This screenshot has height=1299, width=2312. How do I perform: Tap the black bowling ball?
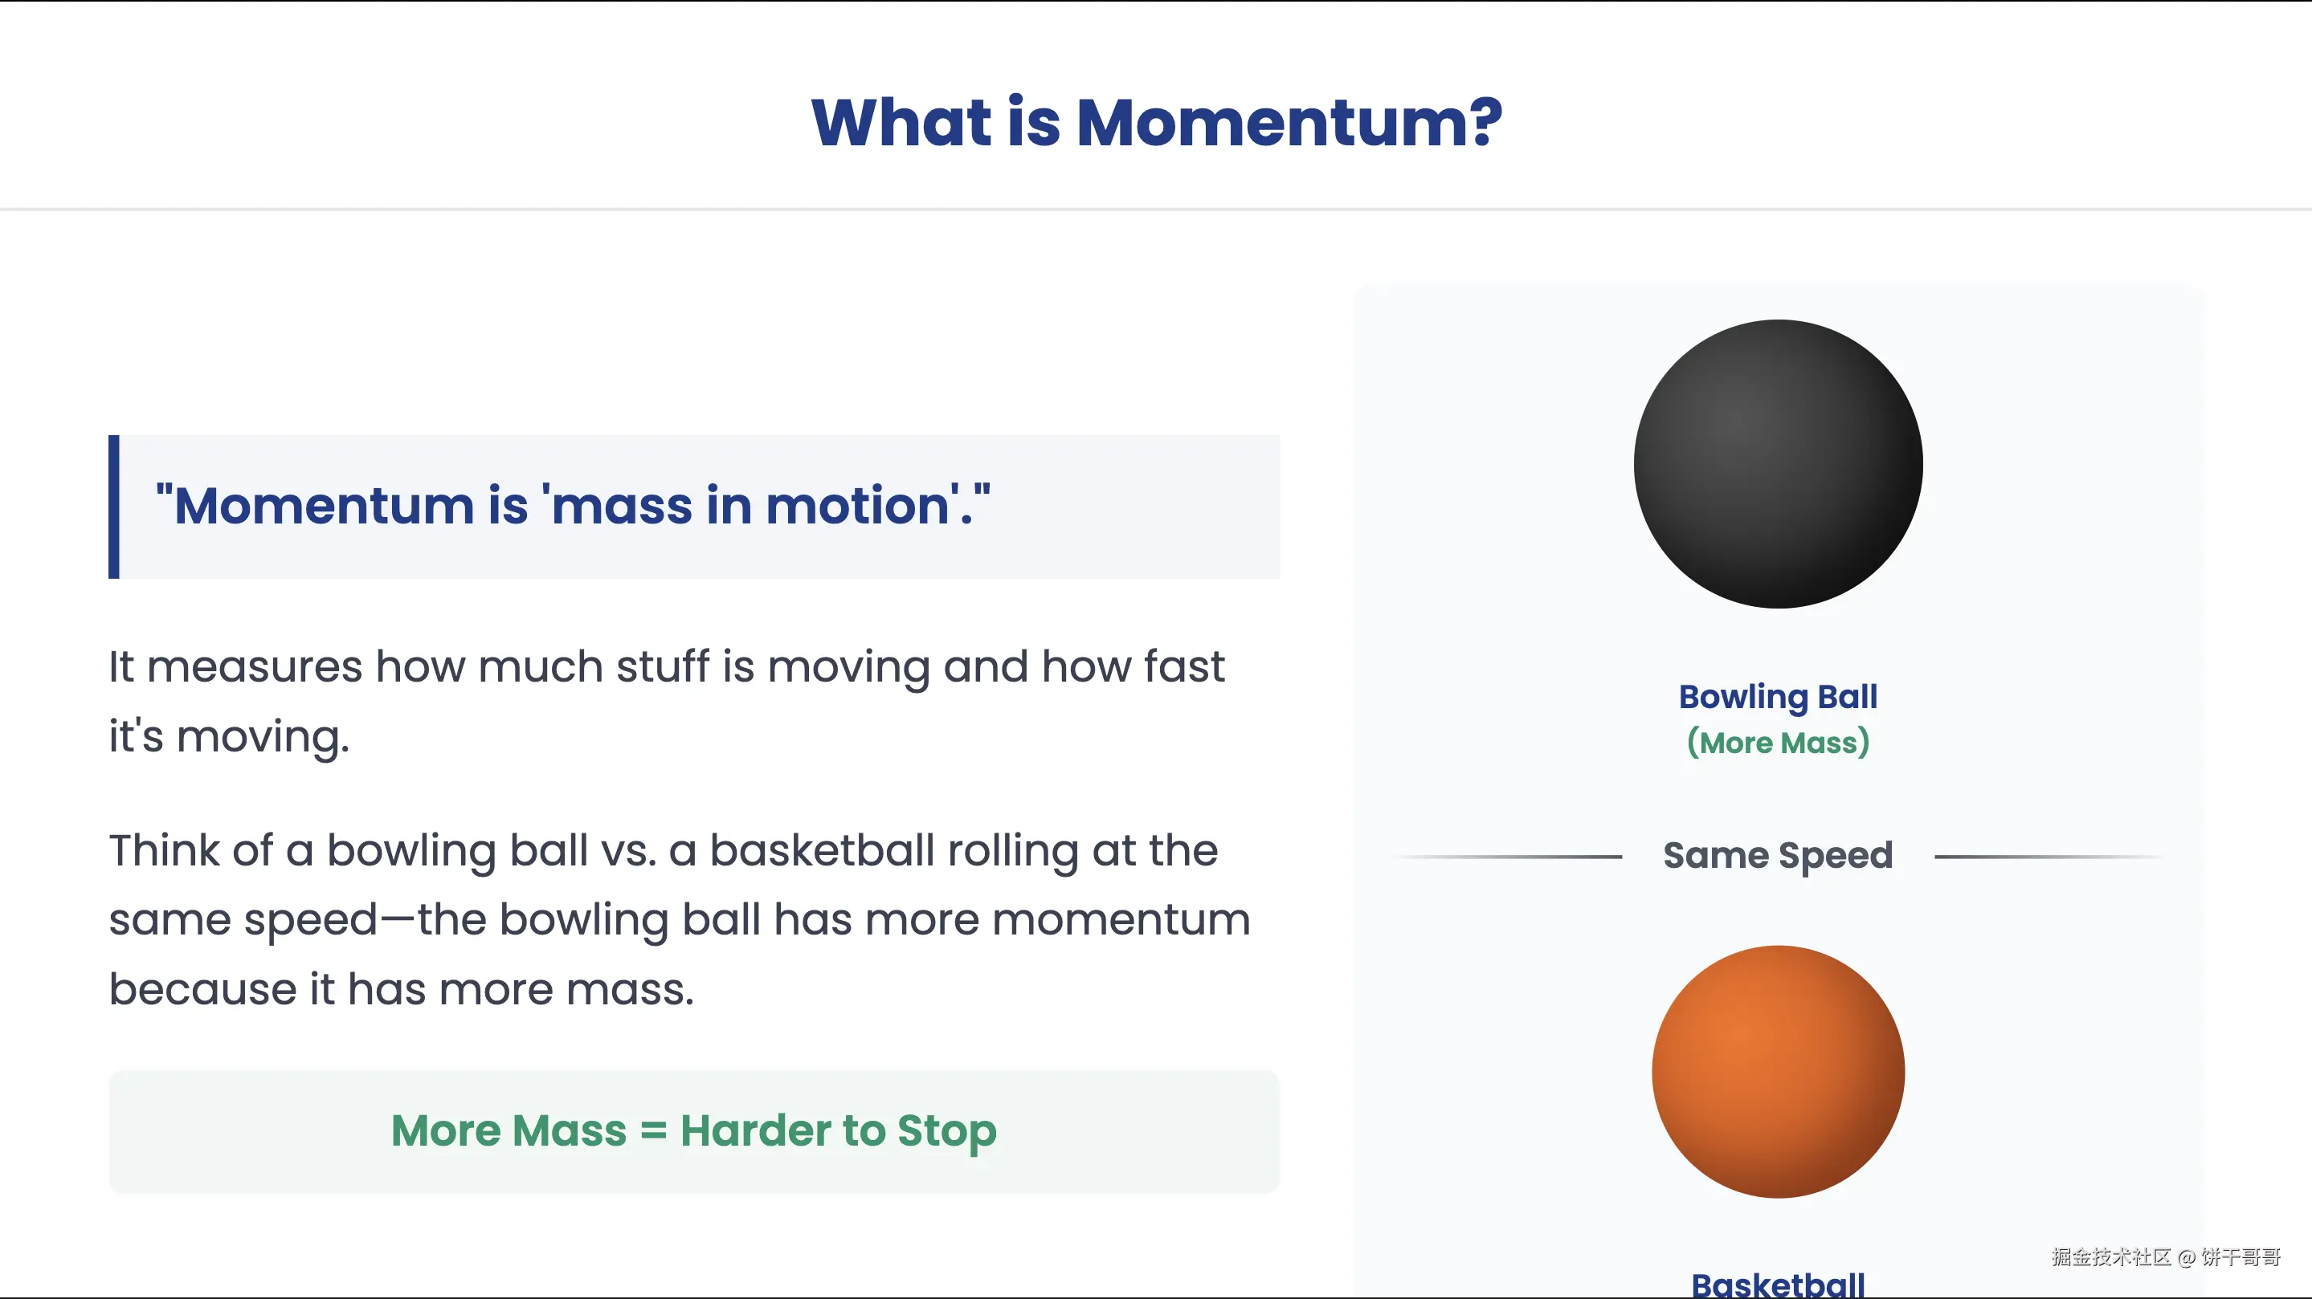(x=1778, y=464)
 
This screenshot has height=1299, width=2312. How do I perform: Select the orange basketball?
(x=1778, y=1071)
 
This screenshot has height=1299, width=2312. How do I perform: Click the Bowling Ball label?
(x=1778, y=697)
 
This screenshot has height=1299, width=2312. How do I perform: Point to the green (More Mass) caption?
(x=1778, y=743)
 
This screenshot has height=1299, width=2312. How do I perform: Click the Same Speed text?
(x=1778, y=856)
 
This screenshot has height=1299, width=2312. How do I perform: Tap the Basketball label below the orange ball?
(x=1778, y=1284)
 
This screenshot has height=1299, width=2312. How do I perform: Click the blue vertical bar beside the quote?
(x=114, y=507)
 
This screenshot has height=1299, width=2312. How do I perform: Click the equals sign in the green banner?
(x=653, y=1130)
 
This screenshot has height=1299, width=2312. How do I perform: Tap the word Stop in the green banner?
(x=947, y=1131)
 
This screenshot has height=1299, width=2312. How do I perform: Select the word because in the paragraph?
(x=202, y=989)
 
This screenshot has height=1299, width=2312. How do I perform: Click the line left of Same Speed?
(x=1507, y=857)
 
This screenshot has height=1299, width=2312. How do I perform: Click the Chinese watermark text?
(x=2166, y=1256)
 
